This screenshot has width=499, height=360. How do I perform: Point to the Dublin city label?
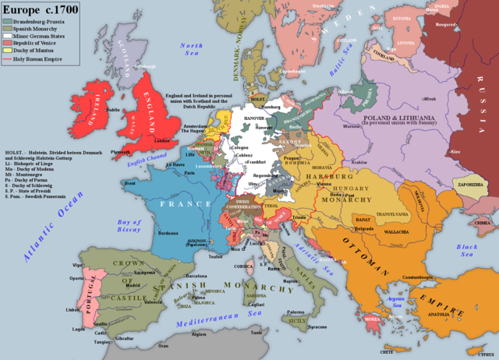point(113,110)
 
